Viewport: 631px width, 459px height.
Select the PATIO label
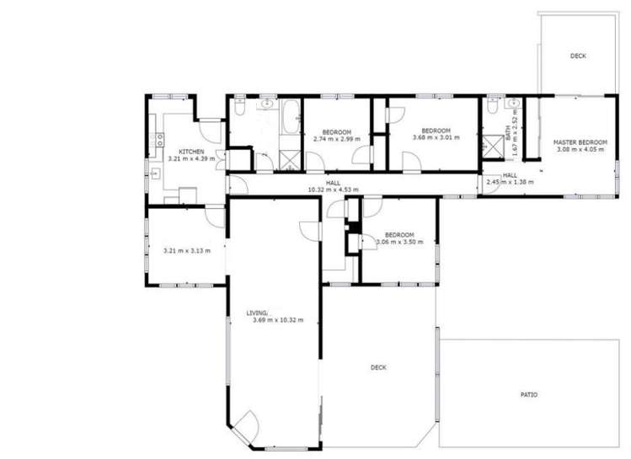[528, 394]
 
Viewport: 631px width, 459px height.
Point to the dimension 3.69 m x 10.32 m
[277, 320]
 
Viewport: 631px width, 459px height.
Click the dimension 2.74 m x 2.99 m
[336, 139]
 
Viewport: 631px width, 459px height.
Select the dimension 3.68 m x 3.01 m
[436, 137]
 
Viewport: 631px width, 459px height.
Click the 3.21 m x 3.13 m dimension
[186, 250]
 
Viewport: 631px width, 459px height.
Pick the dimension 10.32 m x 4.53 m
[334, 189]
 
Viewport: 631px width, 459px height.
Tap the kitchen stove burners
[155, 139]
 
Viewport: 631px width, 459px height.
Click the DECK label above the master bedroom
[577, 56]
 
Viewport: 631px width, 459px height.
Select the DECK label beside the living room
[378, 367]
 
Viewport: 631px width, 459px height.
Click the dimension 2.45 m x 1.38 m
[504, 181]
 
